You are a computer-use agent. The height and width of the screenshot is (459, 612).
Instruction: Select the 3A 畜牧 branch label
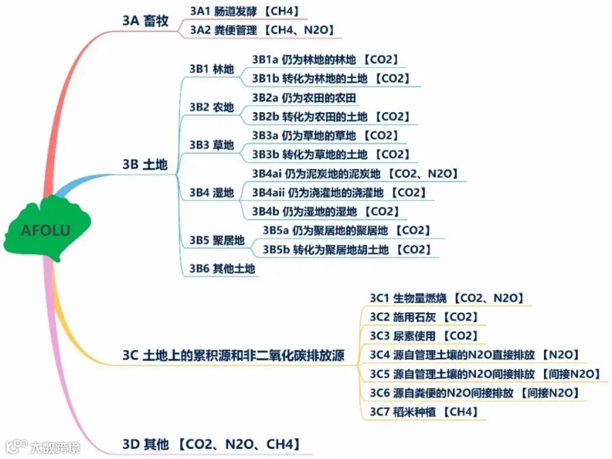(x=145, y=20)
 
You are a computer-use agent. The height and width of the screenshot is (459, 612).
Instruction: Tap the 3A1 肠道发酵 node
(x=245, y=11)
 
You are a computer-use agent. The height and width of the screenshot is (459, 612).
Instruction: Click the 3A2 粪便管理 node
(x=261, y=30)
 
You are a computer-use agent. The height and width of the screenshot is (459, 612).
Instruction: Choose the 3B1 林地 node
(x=211, y=69)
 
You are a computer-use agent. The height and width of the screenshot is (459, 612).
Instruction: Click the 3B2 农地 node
(x=211, y=107)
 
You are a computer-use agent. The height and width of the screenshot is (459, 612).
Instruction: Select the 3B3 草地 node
(x=211, y=145)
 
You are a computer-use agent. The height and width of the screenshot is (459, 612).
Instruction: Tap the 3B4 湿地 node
(x=211, y=193)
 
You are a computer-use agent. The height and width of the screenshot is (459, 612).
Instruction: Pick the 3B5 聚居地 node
(x=217, y=240)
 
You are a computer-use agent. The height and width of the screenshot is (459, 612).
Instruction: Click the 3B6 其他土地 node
(x=222, y=269)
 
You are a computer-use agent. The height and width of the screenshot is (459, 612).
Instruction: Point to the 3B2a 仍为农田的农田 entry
(x=303, y=98)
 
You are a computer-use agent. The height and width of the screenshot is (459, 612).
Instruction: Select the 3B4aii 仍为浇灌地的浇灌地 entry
(x=339, y=193)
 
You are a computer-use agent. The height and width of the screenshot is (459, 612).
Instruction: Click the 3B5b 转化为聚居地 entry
(x=347, y=250)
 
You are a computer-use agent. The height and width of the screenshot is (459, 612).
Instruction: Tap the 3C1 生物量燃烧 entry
(x=445, y=297)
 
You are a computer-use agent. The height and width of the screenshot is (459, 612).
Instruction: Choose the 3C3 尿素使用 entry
(x=424, y=335)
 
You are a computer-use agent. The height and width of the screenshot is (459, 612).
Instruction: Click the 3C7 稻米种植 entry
(x=424, y=411)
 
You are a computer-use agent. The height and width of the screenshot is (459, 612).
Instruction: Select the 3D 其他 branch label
(x=211, y=445)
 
